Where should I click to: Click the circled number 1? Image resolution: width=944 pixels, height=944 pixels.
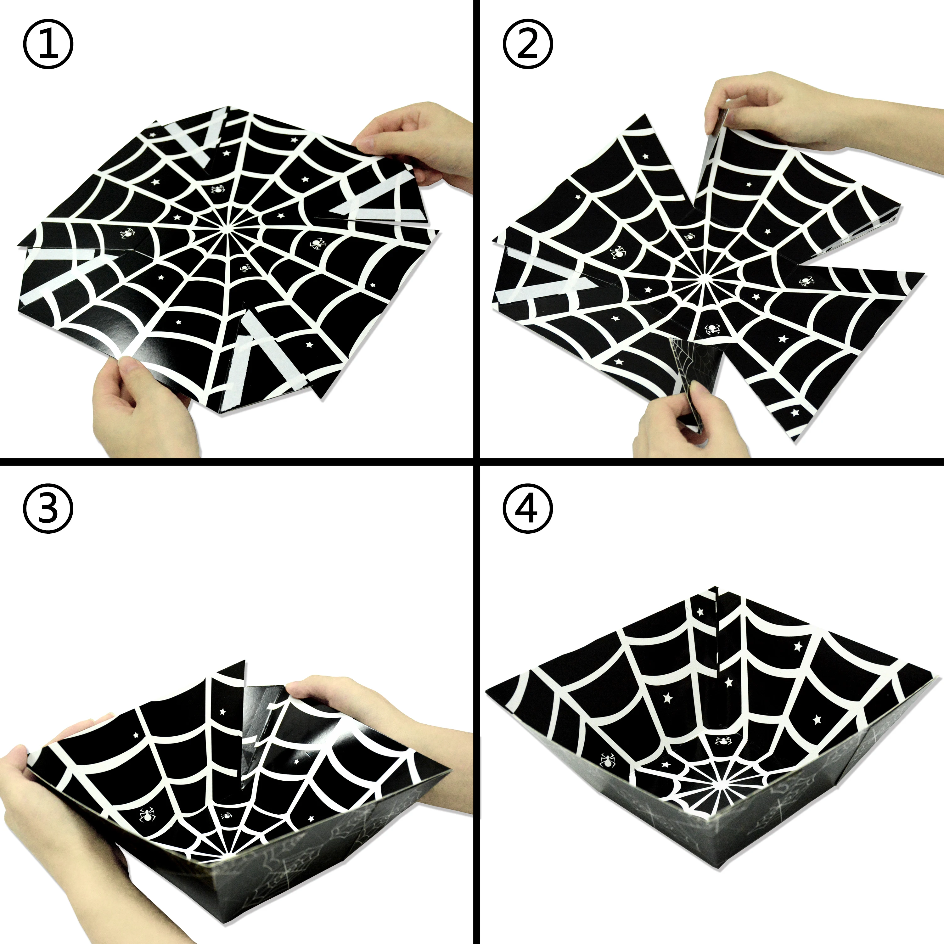48,48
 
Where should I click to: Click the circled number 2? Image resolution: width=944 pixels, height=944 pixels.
528,48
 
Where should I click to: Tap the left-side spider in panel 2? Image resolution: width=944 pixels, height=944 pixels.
618,252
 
